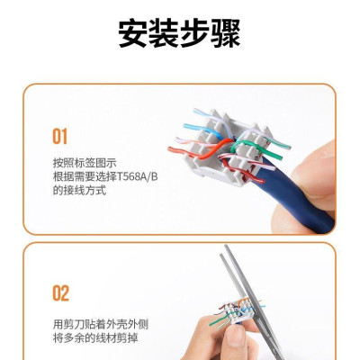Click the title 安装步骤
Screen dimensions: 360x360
180,33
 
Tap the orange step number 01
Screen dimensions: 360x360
59,137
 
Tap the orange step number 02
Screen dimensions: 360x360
59,293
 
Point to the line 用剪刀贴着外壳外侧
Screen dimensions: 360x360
98,322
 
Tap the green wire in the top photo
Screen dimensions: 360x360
256,143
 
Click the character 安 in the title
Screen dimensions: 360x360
133,33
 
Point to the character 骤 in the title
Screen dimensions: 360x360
226,33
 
